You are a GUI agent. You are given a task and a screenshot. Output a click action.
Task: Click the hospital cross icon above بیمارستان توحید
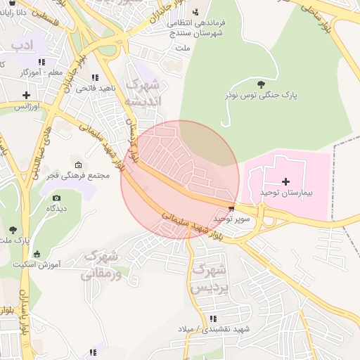[x=285, y=182]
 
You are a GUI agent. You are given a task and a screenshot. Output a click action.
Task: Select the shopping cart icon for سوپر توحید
[x=232, y=209]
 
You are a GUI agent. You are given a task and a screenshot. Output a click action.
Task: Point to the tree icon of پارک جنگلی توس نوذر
[x=262, y=84]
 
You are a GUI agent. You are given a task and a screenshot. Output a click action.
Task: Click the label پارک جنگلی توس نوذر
[x=262, y=94]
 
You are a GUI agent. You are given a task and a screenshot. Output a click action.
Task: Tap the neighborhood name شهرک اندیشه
[x=143, y=93]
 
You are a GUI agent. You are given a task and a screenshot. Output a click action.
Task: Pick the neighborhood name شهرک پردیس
[x=210, y=278]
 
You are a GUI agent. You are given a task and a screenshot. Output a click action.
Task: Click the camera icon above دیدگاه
[x=56, y=198]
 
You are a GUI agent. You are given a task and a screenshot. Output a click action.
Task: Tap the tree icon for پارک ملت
[x=13, y=229]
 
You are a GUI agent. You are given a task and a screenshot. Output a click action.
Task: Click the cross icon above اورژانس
[x=26, y=95]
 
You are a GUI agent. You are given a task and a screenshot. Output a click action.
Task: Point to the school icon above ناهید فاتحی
[x=94, y=77]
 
